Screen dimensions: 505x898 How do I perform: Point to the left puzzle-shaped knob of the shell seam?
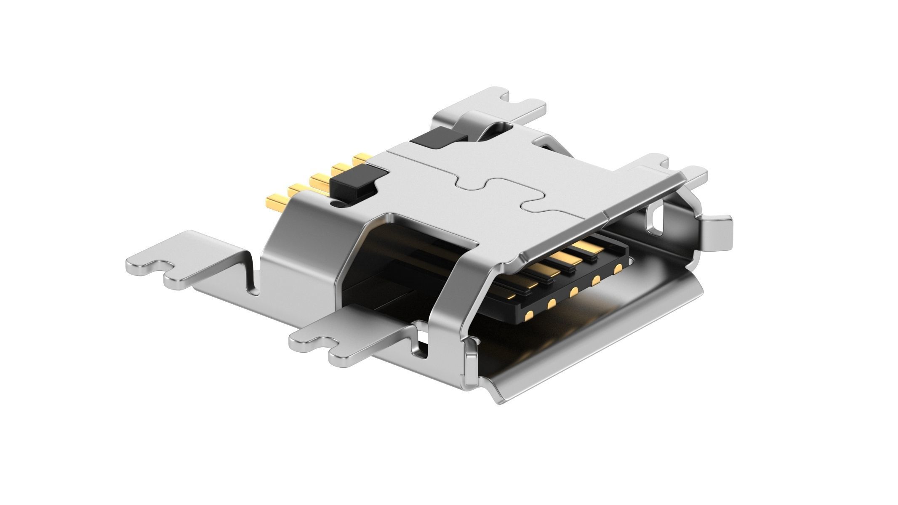coord(472,183)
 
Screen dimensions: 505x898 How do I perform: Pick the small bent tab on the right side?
coord(716,234)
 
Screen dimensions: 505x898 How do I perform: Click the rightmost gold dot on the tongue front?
coord(618,268)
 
